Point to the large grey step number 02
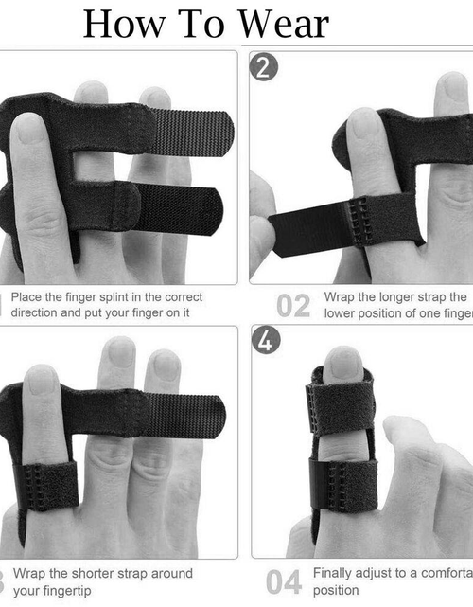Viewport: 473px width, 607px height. coord(293,305)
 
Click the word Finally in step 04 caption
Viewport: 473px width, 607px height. coord(335,573)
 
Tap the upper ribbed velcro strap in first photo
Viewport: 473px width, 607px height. coord(190,133)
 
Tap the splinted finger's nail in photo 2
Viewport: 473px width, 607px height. coord(364,123)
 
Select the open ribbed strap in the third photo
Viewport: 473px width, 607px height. coord(184,413)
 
